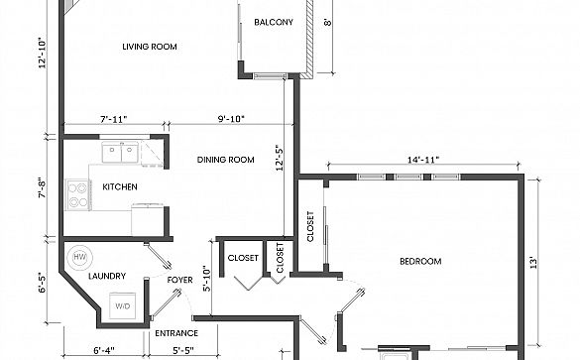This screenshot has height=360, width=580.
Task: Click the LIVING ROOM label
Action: point(150,47)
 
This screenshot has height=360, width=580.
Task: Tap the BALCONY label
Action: point(274,22)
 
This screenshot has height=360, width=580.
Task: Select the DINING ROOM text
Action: point(225,160)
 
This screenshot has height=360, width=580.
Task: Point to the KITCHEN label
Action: point(120,186)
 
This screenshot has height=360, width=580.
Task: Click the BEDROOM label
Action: point(420,261)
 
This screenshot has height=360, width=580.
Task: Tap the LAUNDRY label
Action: point(107,276)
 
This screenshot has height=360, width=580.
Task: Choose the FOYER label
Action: point(179,280)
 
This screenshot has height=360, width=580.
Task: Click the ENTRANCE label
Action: point(176,333)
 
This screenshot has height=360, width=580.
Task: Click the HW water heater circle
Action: point(78,257)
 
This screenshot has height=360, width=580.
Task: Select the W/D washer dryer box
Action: point(122,305)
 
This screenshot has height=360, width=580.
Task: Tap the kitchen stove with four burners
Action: point(78,195)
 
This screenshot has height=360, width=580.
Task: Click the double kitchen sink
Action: point(120,152)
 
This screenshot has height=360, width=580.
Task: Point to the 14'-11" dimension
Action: point(423,160)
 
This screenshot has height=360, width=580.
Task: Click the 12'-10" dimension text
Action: point(43,53)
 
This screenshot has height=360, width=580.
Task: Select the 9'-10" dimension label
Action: point(231,119)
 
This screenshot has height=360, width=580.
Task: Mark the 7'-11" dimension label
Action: point(114,120)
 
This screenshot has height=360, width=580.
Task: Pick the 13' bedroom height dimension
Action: point(533,263)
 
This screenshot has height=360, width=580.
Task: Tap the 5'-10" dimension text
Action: point(206,279)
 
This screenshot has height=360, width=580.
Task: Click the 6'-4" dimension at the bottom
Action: point(104,350)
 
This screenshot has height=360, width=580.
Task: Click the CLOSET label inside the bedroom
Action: point(310,226)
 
